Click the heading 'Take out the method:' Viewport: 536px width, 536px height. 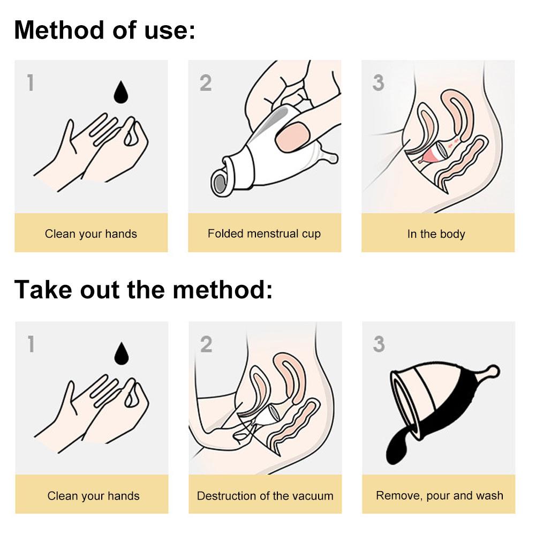click(x=143, y=290)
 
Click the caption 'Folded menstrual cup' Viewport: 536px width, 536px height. click(x=264, y=234)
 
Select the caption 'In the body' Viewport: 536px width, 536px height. click(x=436, y=234)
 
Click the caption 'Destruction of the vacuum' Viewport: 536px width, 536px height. click(x=265, y=496)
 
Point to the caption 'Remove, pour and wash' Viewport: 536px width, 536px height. click(x=439, y=495)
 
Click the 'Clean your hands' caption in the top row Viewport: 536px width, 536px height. click(x=90, y=234)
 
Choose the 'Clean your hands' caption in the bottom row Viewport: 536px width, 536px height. click(x=93, y=496)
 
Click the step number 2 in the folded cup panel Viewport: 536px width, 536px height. click(x=206, y=83)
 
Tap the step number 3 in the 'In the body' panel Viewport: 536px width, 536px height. click(x=378, y=83)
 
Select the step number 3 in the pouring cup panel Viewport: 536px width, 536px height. click(x=379, y=344)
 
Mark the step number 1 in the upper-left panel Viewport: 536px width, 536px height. click(x=31, y=83)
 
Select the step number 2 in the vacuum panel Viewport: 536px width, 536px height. click(x=206, y=344)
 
